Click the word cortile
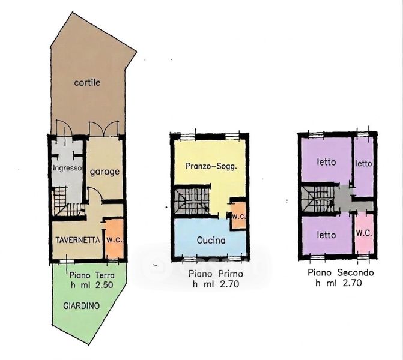tap(87, 82)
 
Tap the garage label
tap(105, 172)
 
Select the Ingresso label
tap(67, 168)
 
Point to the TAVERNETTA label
tap(77, 240)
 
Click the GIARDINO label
tap(81, 306)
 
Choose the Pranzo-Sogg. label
tap(211, 166)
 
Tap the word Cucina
tap(211, 241)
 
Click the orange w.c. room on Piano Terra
tap(115, 239)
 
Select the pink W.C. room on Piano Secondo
tap(364, 234)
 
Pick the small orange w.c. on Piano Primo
tap(238, 215)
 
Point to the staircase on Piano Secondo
tap(318, 199)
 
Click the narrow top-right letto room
tap(364, 167)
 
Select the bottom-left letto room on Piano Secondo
tap(326, 235)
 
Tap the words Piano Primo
tap(216, 274)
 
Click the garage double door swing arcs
tap(103, 128)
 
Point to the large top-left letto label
tap(326, 162)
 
